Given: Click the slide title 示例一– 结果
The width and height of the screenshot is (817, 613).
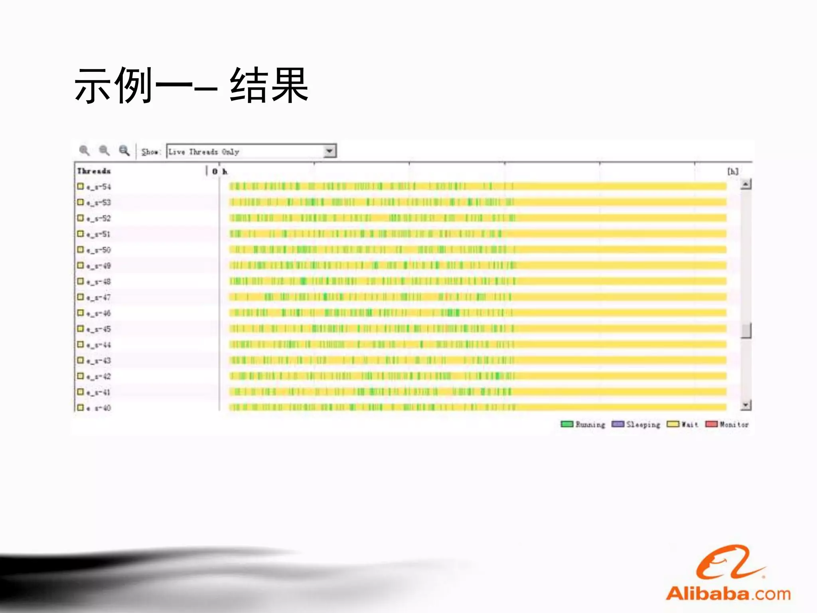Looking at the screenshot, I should [x=191, y=85].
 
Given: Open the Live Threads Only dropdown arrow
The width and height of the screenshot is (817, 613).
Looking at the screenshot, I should [x=330, y=151].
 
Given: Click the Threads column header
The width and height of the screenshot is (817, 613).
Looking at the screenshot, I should [x=94, y=171].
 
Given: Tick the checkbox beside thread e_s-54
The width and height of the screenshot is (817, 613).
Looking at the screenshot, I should [x=81, y=186].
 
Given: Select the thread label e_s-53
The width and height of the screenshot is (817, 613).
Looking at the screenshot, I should [x=99, y=203].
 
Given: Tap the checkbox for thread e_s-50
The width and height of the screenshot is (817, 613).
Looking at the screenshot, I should [x=81, y=250].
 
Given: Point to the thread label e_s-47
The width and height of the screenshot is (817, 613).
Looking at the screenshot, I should [x=99, y=297].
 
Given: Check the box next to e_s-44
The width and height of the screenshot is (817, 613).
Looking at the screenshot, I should [x=81, y=344].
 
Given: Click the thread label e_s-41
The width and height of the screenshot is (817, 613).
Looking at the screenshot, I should [x=99, y=392].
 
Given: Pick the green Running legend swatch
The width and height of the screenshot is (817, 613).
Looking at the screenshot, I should [x=567, y=424].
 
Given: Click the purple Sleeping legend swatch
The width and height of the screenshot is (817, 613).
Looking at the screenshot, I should [x=618, y=424].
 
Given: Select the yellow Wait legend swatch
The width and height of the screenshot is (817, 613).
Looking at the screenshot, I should [x=673, y=424].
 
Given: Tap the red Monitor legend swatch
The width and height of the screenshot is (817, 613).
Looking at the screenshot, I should [x=711, y=424].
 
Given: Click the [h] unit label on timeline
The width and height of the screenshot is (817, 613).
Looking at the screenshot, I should [x=733, y=172].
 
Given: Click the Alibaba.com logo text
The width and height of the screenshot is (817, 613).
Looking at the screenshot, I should [x=728, y=594].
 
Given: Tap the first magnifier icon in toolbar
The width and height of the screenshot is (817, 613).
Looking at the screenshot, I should [x=84, y=150].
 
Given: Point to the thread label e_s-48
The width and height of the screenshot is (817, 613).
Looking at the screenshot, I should [x=99, y=282].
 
